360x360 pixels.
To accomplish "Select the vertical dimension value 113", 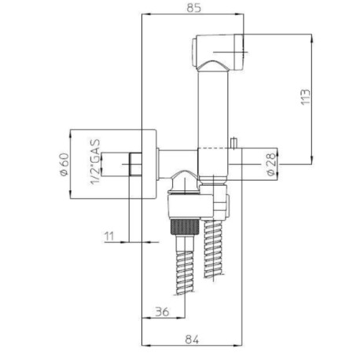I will tap(306, 97).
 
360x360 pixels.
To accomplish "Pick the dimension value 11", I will tap(109, 235).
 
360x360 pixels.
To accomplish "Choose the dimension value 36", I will tap(160, 311).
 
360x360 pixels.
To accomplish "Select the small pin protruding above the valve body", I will tap(233, 141).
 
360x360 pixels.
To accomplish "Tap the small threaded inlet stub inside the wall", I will tap(132, 165).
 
